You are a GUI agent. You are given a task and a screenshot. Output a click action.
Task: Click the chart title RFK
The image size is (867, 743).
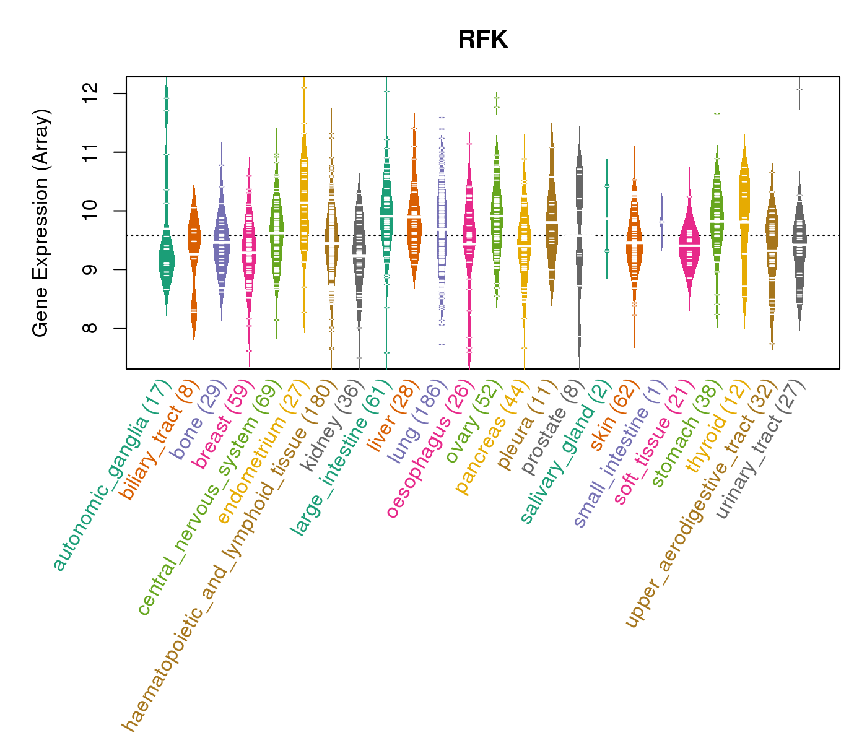tap(482, 40)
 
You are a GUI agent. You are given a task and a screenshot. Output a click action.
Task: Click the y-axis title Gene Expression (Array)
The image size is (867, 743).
tap(41, 223)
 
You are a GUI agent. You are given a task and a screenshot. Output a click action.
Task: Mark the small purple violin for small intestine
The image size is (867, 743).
tap(661, 221)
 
